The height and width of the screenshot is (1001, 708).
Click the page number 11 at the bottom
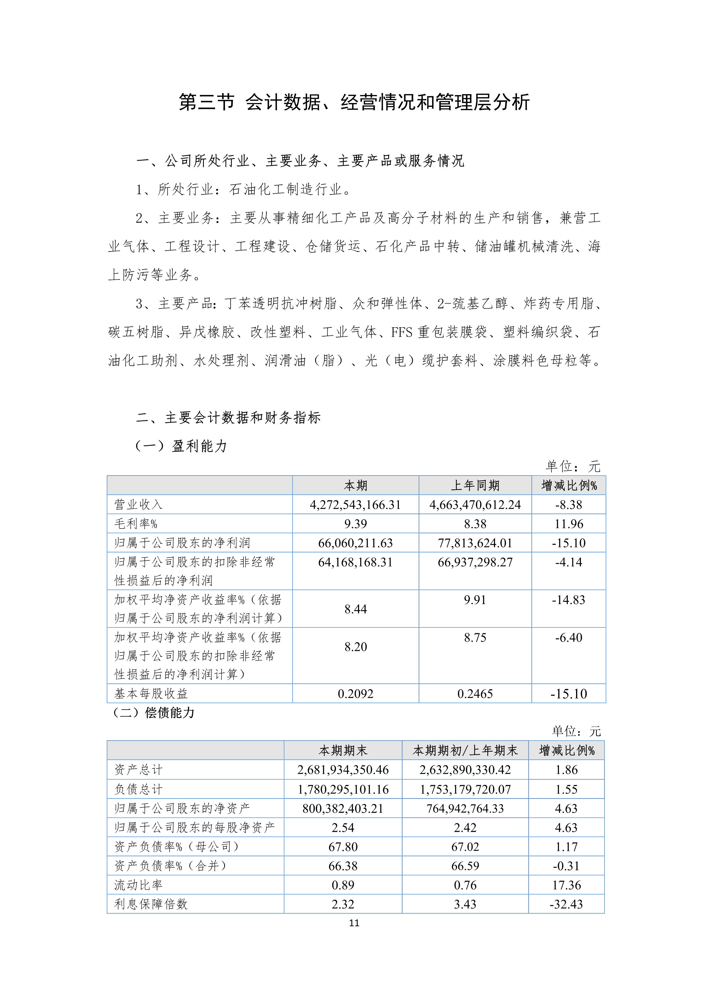(354, 923)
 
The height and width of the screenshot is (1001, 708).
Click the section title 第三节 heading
(354, 102)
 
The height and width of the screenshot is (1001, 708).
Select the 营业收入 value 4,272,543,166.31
(355, 505)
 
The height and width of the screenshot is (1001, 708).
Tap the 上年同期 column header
(475, 486)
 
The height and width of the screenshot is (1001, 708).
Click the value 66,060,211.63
(355, 543)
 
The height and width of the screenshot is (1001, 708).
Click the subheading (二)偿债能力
(154, 713)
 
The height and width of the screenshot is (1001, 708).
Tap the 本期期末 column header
(343, 750)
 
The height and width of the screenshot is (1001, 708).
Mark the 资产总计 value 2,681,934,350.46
(343, 770)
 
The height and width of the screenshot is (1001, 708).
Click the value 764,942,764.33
(465, 808)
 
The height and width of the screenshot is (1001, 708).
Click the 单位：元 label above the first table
(573, 467)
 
